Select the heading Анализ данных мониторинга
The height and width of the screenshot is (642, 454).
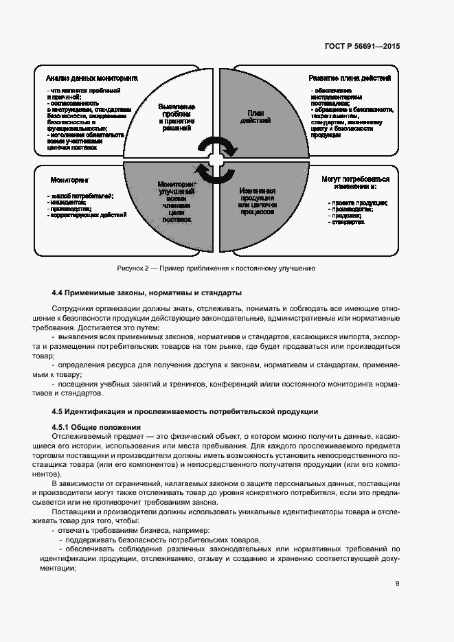pos(92,78)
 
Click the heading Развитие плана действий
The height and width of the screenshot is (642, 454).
pos(350,78)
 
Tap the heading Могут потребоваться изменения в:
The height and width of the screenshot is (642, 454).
pos(355,183)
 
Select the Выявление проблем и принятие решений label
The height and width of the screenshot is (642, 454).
pos(177,117)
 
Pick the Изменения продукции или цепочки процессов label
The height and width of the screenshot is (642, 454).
pos(258,201)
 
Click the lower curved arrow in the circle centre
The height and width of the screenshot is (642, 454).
pos(209,172)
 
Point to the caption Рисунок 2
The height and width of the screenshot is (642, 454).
pos(216,268)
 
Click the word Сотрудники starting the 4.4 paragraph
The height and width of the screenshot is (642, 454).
pos(74,310)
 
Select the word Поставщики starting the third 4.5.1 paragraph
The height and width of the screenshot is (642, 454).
pos(72,512)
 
